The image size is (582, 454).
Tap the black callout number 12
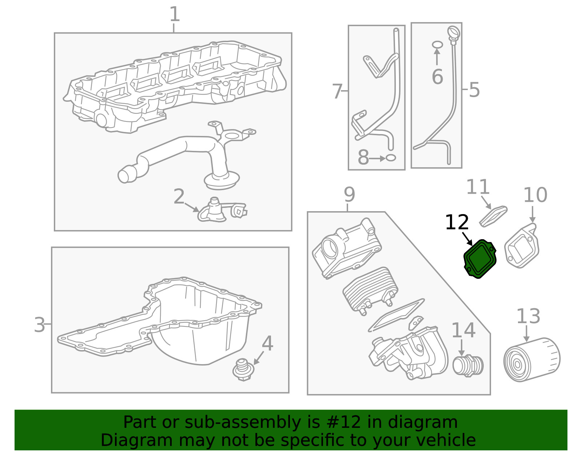coord(457,222)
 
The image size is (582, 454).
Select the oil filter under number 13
coord(531,360)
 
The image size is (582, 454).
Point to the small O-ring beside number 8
coord(391,158)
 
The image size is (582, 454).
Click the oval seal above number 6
coord(438,45)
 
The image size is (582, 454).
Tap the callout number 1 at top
coord(175,15)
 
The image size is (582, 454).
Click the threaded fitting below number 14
coord(468,365)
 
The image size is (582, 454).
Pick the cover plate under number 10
coord(522,246)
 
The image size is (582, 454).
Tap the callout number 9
coord(349,194)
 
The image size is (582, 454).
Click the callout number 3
coord(39,325)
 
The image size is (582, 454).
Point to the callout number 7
coord(337,91)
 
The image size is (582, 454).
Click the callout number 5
coord(474,90)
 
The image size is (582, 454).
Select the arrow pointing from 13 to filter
coord(526,334)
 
